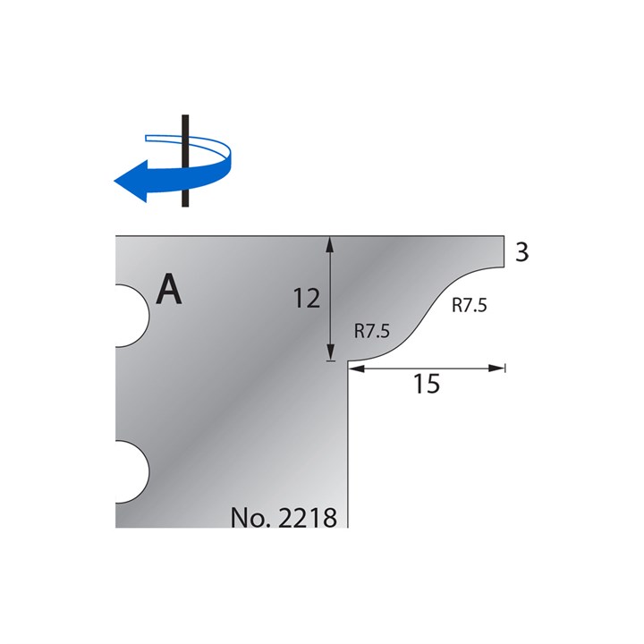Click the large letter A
click(x=170, y=289)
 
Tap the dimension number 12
click(x=307, y=299)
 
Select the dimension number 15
click(x=428, y=385)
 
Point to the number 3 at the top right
click(x=522, y=253)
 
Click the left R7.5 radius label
click(x=372, y=331)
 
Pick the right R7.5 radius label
click(x=468, y=305)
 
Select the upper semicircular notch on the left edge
click(x=131, y=316)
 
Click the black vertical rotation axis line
click(x=184, y=161)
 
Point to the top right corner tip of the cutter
click(x=504, y=238)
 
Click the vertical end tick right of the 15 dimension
click(x=505, y=367)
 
